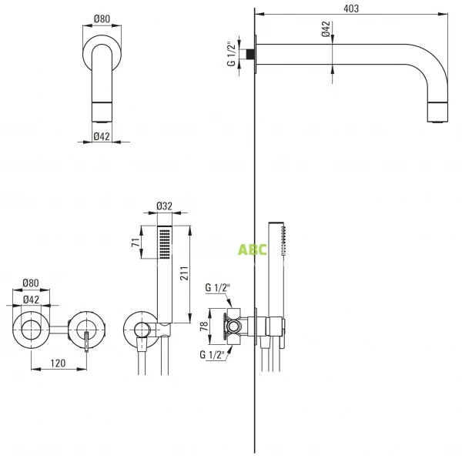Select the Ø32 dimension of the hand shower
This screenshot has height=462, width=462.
coord(164,206)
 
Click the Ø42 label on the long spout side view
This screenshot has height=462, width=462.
coord(326,30)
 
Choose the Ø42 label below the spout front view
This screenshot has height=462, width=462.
coord(102,136)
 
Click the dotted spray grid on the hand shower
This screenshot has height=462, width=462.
coord(164,245)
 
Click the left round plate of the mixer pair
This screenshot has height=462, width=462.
coord(32,329)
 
